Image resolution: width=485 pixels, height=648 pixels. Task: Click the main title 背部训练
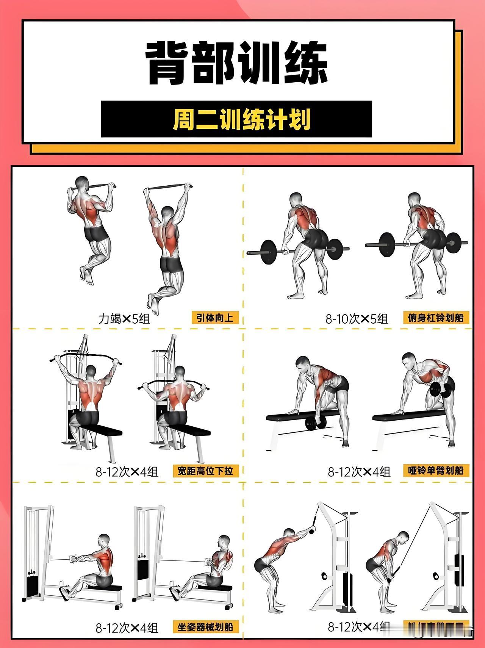[x=237, y=64]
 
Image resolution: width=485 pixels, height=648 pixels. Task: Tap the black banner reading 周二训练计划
[x=236, y=119]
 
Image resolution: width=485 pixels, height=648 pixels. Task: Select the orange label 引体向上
[x=215, y=318]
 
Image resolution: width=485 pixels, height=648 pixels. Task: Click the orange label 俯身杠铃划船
[x=436, y=318]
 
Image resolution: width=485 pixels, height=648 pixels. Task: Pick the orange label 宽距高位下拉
[x=205, y=471]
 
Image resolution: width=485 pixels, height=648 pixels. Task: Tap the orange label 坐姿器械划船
[x=205, y=627]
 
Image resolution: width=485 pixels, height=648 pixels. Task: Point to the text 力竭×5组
[x=124, y=319]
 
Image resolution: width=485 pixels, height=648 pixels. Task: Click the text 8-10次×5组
[x=357, y=319]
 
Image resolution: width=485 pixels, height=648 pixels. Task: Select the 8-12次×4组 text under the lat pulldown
[x=127, y=472]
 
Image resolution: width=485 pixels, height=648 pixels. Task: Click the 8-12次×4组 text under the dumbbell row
[x=359, y=472]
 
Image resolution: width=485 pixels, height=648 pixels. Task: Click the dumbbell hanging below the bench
[x=316, y=423]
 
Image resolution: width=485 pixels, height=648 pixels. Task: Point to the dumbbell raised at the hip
[x=442, y=390]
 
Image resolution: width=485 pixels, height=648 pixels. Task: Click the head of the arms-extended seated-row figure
[x=104, y=541]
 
